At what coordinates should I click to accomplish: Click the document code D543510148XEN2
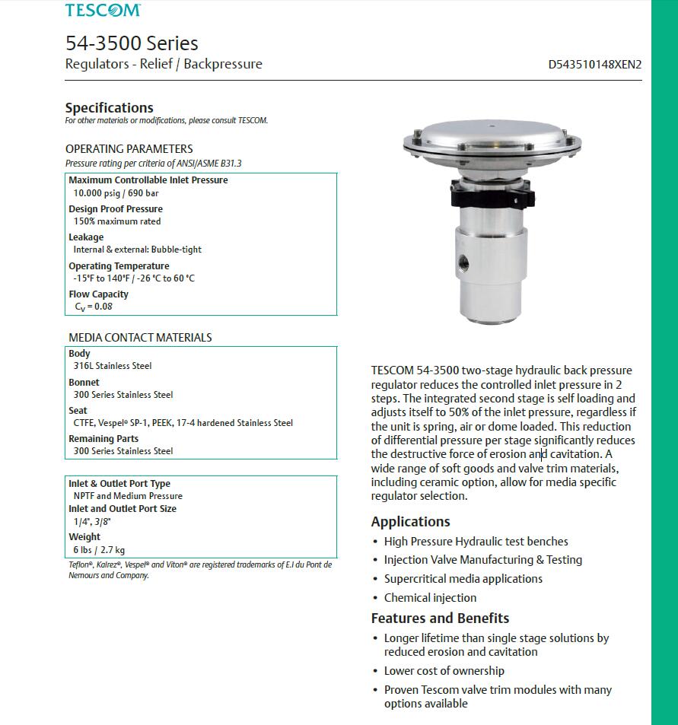point(594,65)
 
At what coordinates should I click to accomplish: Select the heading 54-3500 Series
point(131,43)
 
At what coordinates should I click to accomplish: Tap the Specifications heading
point(109,108)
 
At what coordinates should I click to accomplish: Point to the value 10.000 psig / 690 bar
point(116,193)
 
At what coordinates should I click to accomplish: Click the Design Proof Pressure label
point(116,208)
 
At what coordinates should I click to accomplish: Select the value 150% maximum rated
point(116,221)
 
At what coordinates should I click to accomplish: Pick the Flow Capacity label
point(98,294)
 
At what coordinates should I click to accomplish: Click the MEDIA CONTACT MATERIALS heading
point(140,337)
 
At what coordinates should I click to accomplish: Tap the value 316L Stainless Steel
point(113,366)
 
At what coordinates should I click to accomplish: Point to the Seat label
point(78,411)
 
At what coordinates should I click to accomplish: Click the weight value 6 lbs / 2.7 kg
point(99,550)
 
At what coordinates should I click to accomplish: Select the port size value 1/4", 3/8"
point(92,522)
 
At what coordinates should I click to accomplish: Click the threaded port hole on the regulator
point(463,266)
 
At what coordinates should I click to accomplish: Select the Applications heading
point(410,522)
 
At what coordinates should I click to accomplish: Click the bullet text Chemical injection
point(430,598)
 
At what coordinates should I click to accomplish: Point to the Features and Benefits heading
point(440,618)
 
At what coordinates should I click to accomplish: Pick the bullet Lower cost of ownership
point(444,671)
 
